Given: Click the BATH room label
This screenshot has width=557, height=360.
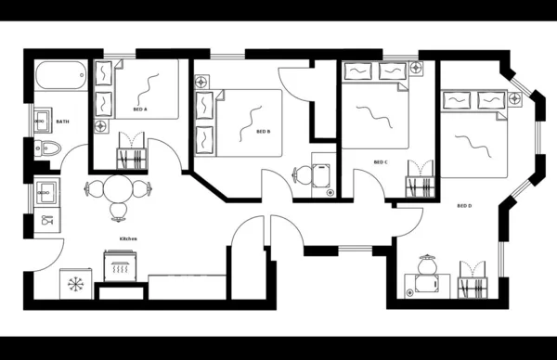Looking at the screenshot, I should (x=62, y=122).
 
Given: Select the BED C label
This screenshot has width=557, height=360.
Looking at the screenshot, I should (x=380, y=162).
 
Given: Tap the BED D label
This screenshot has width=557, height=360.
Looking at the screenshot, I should (x=464, y=205).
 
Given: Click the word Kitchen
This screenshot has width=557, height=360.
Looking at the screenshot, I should (x=128, y=238).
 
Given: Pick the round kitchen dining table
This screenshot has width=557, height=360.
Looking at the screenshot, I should (x=118, y=190).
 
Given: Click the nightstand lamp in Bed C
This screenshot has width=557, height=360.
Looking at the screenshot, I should (x=414, y=68).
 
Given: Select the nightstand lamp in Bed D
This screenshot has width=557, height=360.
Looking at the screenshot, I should (x=512, y=97).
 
